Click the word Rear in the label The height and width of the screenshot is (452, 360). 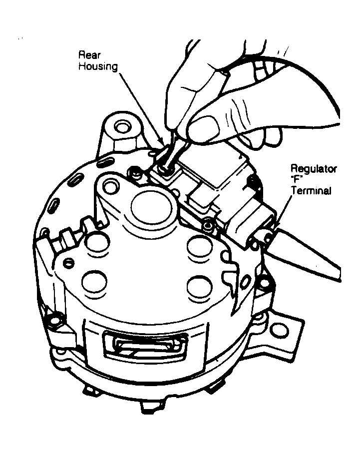89,55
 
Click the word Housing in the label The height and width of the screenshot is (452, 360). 98,66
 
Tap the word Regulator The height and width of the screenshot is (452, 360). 314,168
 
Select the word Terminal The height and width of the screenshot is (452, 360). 311,191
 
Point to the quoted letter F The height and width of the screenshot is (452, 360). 296,180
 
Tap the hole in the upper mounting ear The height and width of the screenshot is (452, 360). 120,126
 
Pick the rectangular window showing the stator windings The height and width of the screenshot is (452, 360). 146,345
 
